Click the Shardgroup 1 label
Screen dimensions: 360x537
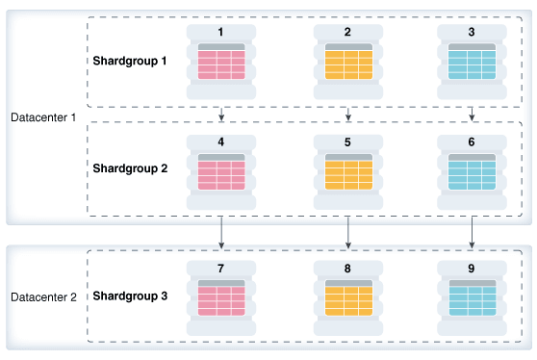click(x=130, y=60)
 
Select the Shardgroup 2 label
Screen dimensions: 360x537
click(x=130, y=167)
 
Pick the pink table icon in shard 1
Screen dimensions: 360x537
click(x=221, y=64)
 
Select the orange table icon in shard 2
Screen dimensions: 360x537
click(x=347, y=64)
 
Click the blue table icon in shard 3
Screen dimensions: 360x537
click(x=472, y=64)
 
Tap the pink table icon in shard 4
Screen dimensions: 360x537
click(x=221, y=174)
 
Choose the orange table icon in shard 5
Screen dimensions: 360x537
click(x=347, y=174)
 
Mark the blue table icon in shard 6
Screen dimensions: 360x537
click(x=472, y=174)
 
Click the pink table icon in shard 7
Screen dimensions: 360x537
click(x=221, y=298)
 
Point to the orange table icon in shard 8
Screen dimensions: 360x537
click(x=347, y=298)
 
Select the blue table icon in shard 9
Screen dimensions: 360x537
click(x=472, y=298)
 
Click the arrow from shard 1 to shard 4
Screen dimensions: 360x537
click(x=221, y=112)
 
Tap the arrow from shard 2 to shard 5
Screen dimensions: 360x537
click(x=347, y=112)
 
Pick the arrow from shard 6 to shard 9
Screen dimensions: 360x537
click(x=472, y=232)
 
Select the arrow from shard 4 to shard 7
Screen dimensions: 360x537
click(x=221, y=232)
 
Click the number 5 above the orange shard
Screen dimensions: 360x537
click(x=347, y=141)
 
